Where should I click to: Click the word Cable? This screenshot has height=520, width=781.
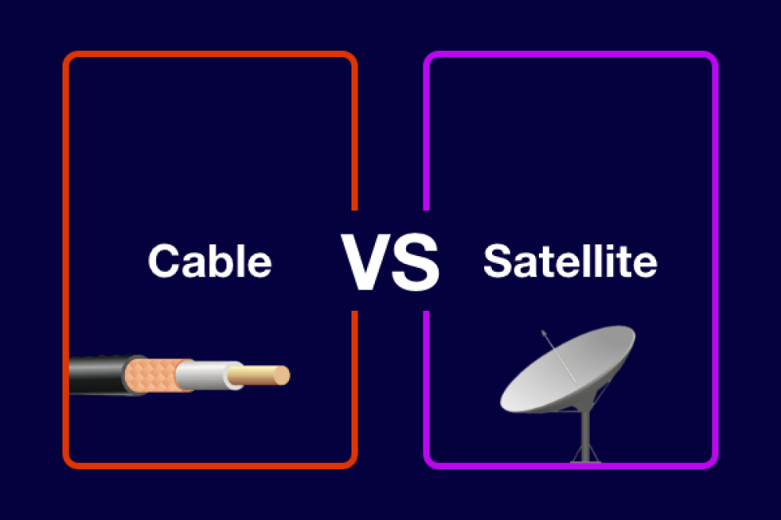[x=209, y=261]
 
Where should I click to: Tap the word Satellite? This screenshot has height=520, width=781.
[x=569, y=261]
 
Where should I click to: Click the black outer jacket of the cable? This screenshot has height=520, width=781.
[x=98, y=374]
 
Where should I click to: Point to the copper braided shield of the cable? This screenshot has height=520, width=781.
[x=156, y=374]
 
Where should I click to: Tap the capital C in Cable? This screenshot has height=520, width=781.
[x=165, y=261]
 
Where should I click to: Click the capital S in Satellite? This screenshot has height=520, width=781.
[x=500, y=261]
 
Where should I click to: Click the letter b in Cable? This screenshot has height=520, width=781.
[x=221, y=261]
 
